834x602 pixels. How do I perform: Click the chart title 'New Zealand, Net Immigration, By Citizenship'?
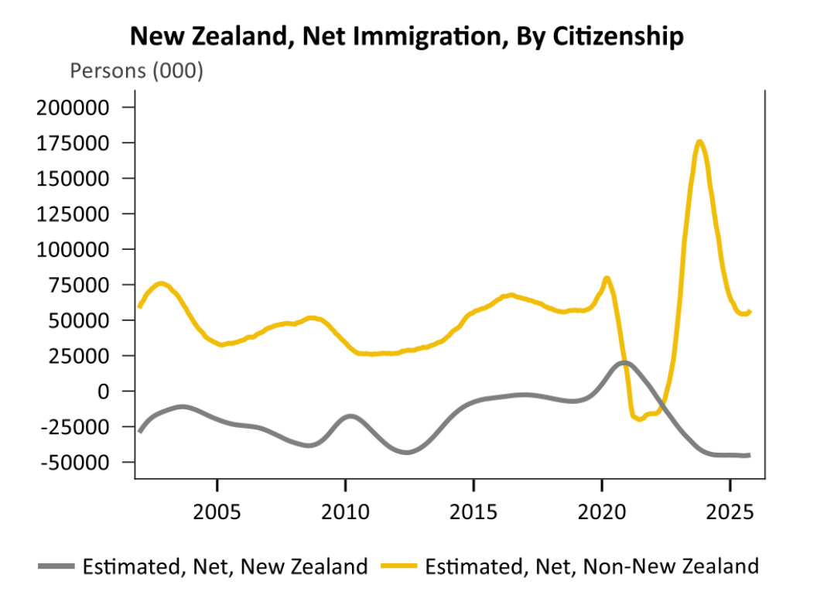pos(406,36)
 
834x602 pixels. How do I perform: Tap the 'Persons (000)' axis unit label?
pos(137,71)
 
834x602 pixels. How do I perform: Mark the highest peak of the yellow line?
pos(699,141)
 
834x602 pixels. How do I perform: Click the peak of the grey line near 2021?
pos(624,362)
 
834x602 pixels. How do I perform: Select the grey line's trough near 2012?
pos(406,453)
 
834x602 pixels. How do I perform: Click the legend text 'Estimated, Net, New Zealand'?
pos(224,566)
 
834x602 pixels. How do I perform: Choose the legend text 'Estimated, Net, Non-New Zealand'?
pos(592,566)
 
